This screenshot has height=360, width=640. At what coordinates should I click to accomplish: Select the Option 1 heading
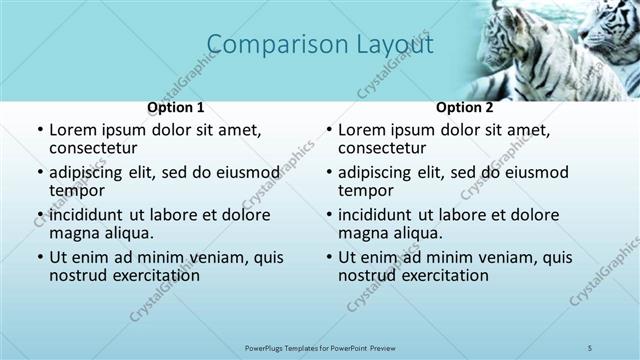(x=176, y=107)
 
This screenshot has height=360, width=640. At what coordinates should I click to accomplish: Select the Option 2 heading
(x=465, y=107)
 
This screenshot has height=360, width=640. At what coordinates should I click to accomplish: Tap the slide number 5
(x=590, y=346)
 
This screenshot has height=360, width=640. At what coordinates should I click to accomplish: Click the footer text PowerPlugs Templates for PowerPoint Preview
(x=318, y=346)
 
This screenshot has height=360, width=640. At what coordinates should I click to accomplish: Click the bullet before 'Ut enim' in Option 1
(x=40, y=258)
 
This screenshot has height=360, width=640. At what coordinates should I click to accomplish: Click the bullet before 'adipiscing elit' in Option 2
(x=329, y=173)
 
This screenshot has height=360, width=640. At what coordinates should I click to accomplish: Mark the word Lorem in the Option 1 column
(x=72, y=130)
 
